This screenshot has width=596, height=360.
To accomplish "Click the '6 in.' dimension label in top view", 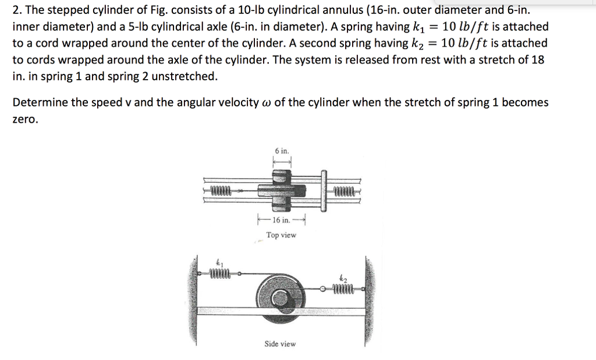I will pos(282,151).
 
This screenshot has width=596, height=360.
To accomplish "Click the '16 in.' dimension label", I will pos(281,220).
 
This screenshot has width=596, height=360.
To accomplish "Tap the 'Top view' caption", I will pos(281,235).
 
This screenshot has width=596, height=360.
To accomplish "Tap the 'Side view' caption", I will pos(280,344).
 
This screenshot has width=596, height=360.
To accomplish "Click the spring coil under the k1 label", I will pos(221,272).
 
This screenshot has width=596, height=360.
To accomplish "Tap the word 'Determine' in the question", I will pos(37,102).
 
